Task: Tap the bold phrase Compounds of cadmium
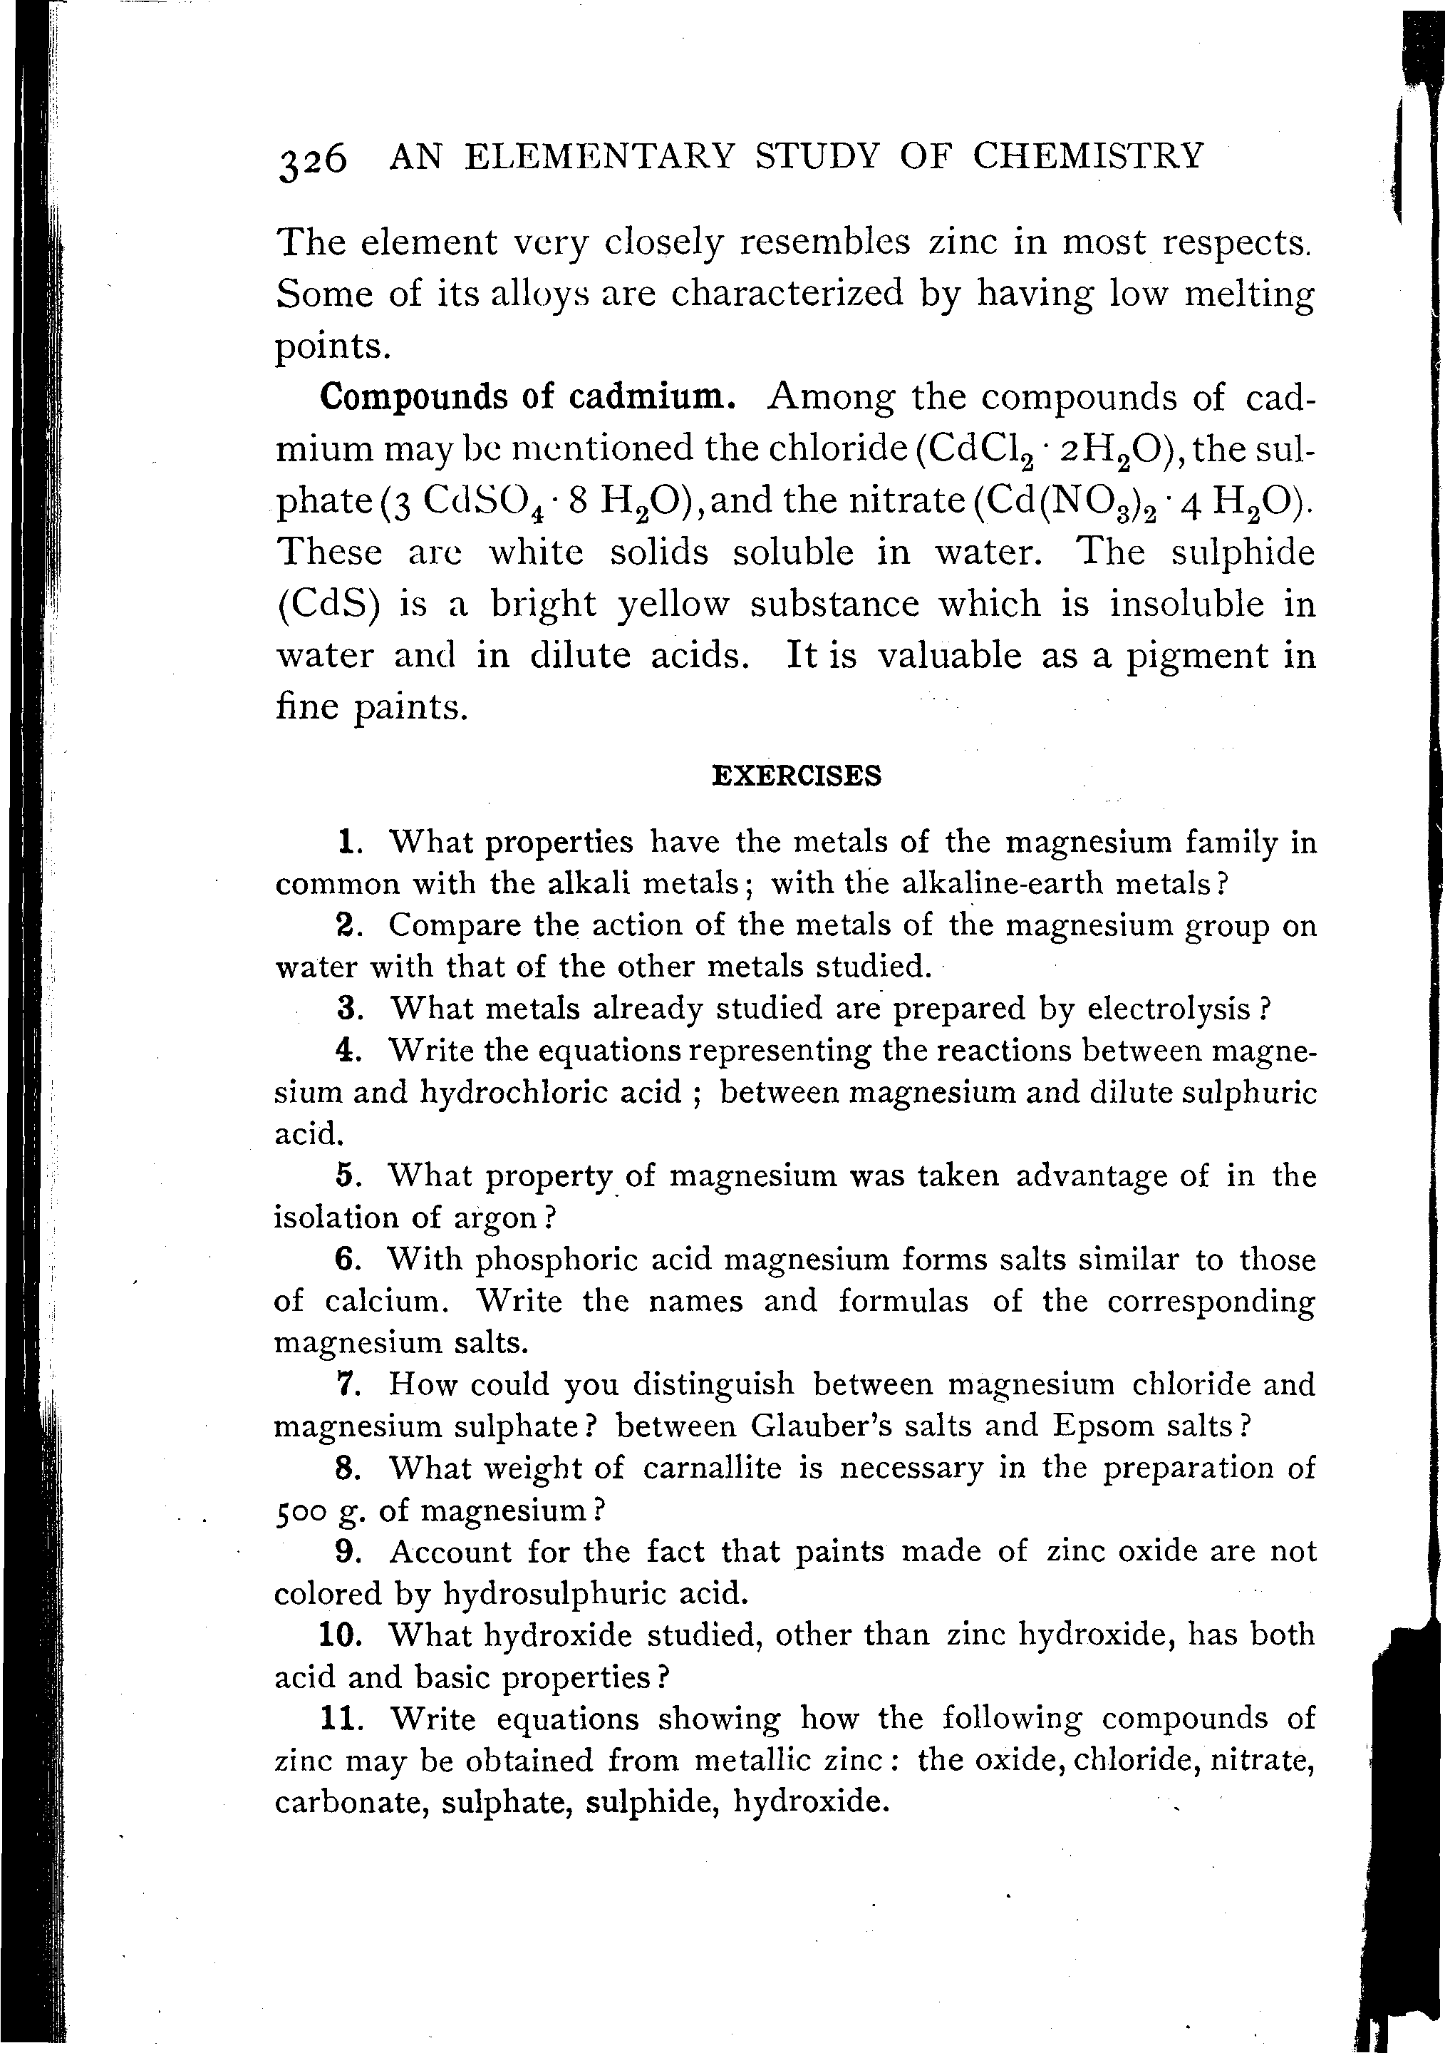pyautogui.click(x=529, y=397)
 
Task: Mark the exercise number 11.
pyautogui.click(x=341, y=1719)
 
